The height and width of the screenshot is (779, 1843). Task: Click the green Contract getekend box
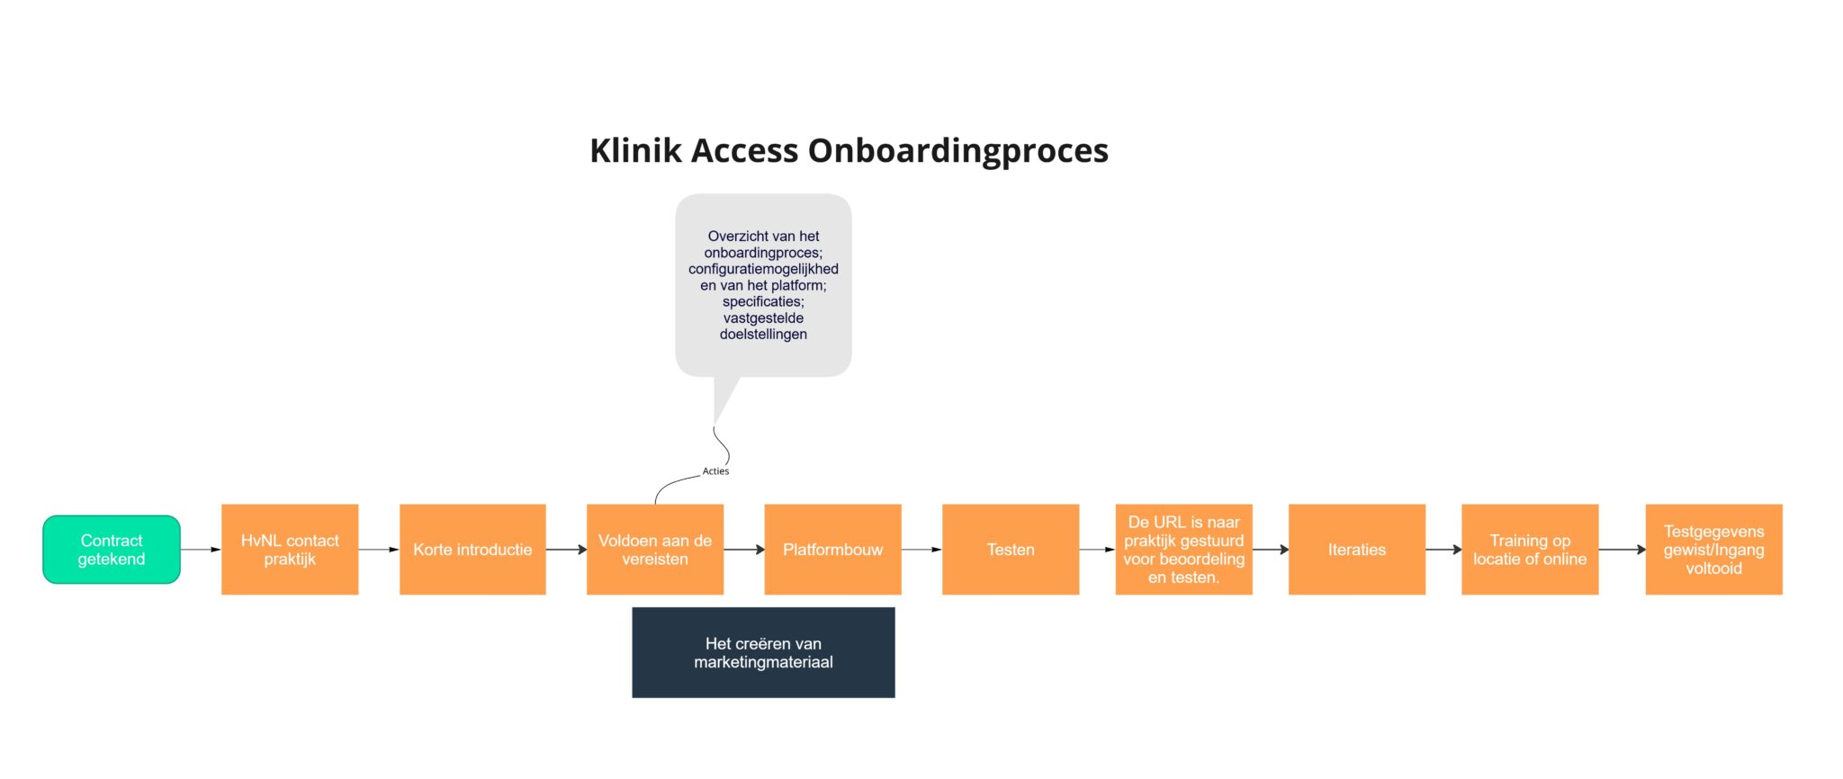tap(112, 550)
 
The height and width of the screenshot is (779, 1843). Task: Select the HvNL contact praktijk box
tap(290, 550)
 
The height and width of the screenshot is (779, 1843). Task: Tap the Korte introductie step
tap(472, 550)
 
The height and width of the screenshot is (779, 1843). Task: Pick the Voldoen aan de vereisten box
tap(655, 550)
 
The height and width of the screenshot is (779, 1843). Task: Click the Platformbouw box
tap(832, 550)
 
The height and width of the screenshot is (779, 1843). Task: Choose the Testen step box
tap(1011, 550)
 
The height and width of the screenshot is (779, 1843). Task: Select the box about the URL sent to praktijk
tap(1183, 550)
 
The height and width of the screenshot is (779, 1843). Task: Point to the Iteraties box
tap(1356, 550)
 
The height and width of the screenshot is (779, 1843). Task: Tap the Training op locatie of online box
tap(1530, 550)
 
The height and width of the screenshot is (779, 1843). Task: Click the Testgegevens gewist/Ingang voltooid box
tap(1713, 550)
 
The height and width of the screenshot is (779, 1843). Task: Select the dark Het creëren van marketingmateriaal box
tap(763, 652)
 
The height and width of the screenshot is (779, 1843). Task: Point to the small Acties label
tap(715, 471)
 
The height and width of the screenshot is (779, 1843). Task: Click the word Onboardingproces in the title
tap(957, 151)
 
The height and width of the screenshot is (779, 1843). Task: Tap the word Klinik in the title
tap(635, 151)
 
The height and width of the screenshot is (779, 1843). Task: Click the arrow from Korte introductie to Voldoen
tap(566, 550)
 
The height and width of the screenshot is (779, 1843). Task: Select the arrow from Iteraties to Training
tap(1443, 550)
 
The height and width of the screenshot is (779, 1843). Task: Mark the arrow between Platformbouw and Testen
tap(921, 550)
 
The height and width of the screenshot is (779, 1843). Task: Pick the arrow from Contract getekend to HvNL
tap(201, 550)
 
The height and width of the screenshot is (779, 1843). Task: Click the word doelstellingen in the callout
tap(763, 335)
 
